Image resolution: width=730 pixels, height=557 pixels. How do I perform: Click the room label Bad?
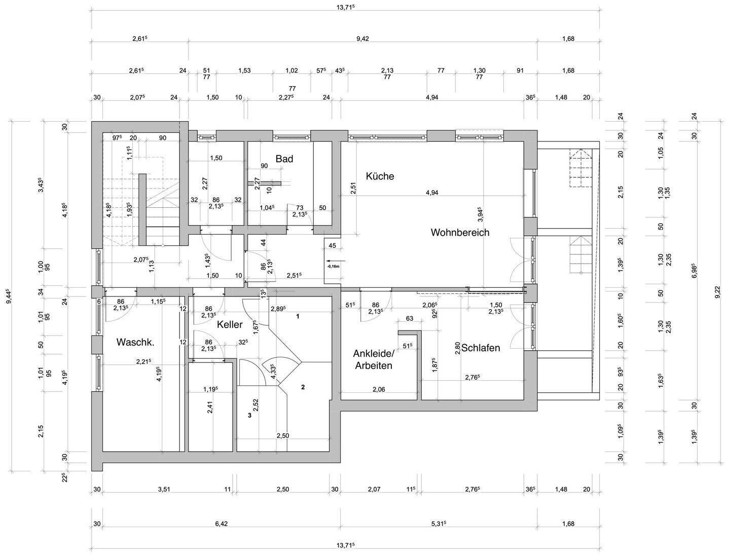click(x=284, y=159)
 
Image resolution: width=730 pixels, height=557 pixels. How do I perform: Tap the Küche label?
click(x=380, y=176)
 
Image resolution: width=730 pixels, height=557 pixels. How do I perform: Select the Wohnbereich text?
click(x=460, y=233)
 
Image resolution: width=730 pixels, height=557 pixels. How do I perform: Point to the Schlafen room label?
click(x=481, y=348)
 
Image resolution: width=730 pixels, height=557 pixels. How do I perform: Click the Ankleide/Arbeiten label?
click(x=373, y=359)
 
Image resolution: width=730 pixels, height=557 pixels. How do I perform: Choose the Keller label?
click(x=230, y=324)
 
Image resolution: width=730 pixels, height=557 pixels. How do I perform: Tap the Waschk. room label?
click(x=135, y=342)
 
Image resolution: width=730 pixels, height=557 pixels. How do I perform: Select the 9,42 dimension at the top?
click(x=362, y=39)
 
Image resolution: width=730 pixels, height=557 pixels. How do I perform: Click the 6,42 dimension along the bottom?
click(x=221, y=524)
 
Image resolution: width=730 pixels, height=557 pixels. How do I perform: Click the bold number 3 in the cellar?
click(x=249, y=415)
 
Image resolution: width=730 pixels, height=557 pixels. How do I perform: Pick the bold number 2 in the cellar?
click(x=303, y=388)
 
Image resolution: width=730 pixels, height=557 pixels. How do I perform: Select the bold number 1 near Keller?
click(x=298, y=316)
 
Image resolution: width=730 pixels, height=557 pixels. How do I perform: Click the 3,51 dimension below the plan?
click(x=164, y=490)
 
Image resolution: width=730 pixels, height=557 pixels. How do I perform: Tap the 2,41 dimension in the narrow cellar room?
click(x=209, y=407)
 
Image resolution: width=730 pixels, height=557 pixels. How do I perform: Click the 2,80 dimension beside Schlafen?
click(x=458, y=348)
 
